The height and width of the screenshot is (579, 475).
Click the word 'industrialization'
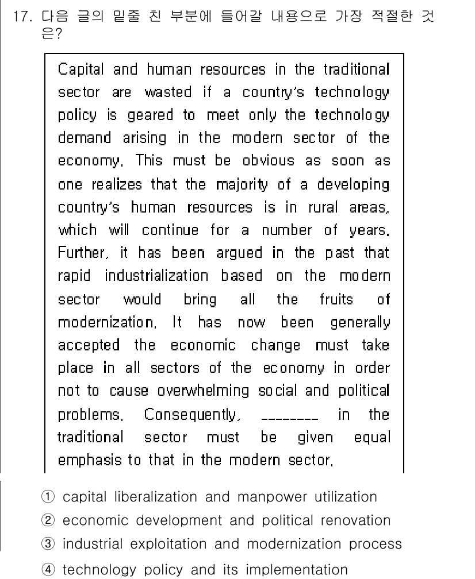(x=156, y=276)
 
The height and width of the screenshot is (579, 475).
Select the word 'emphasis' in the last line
(x=83, y=460)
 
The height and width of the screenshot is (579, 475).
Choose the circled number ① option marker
(x=50, y=496)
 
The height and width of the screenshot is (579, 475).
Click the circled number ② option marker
(x=50, y=520)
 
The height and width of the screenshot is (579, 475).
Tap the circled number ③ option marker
(x=50, y=544)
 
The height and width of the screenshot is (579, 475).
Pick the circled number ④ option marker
(x=50, y=570)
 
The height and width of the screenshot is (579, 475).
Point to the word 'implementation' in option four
(x=294, y=570)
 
